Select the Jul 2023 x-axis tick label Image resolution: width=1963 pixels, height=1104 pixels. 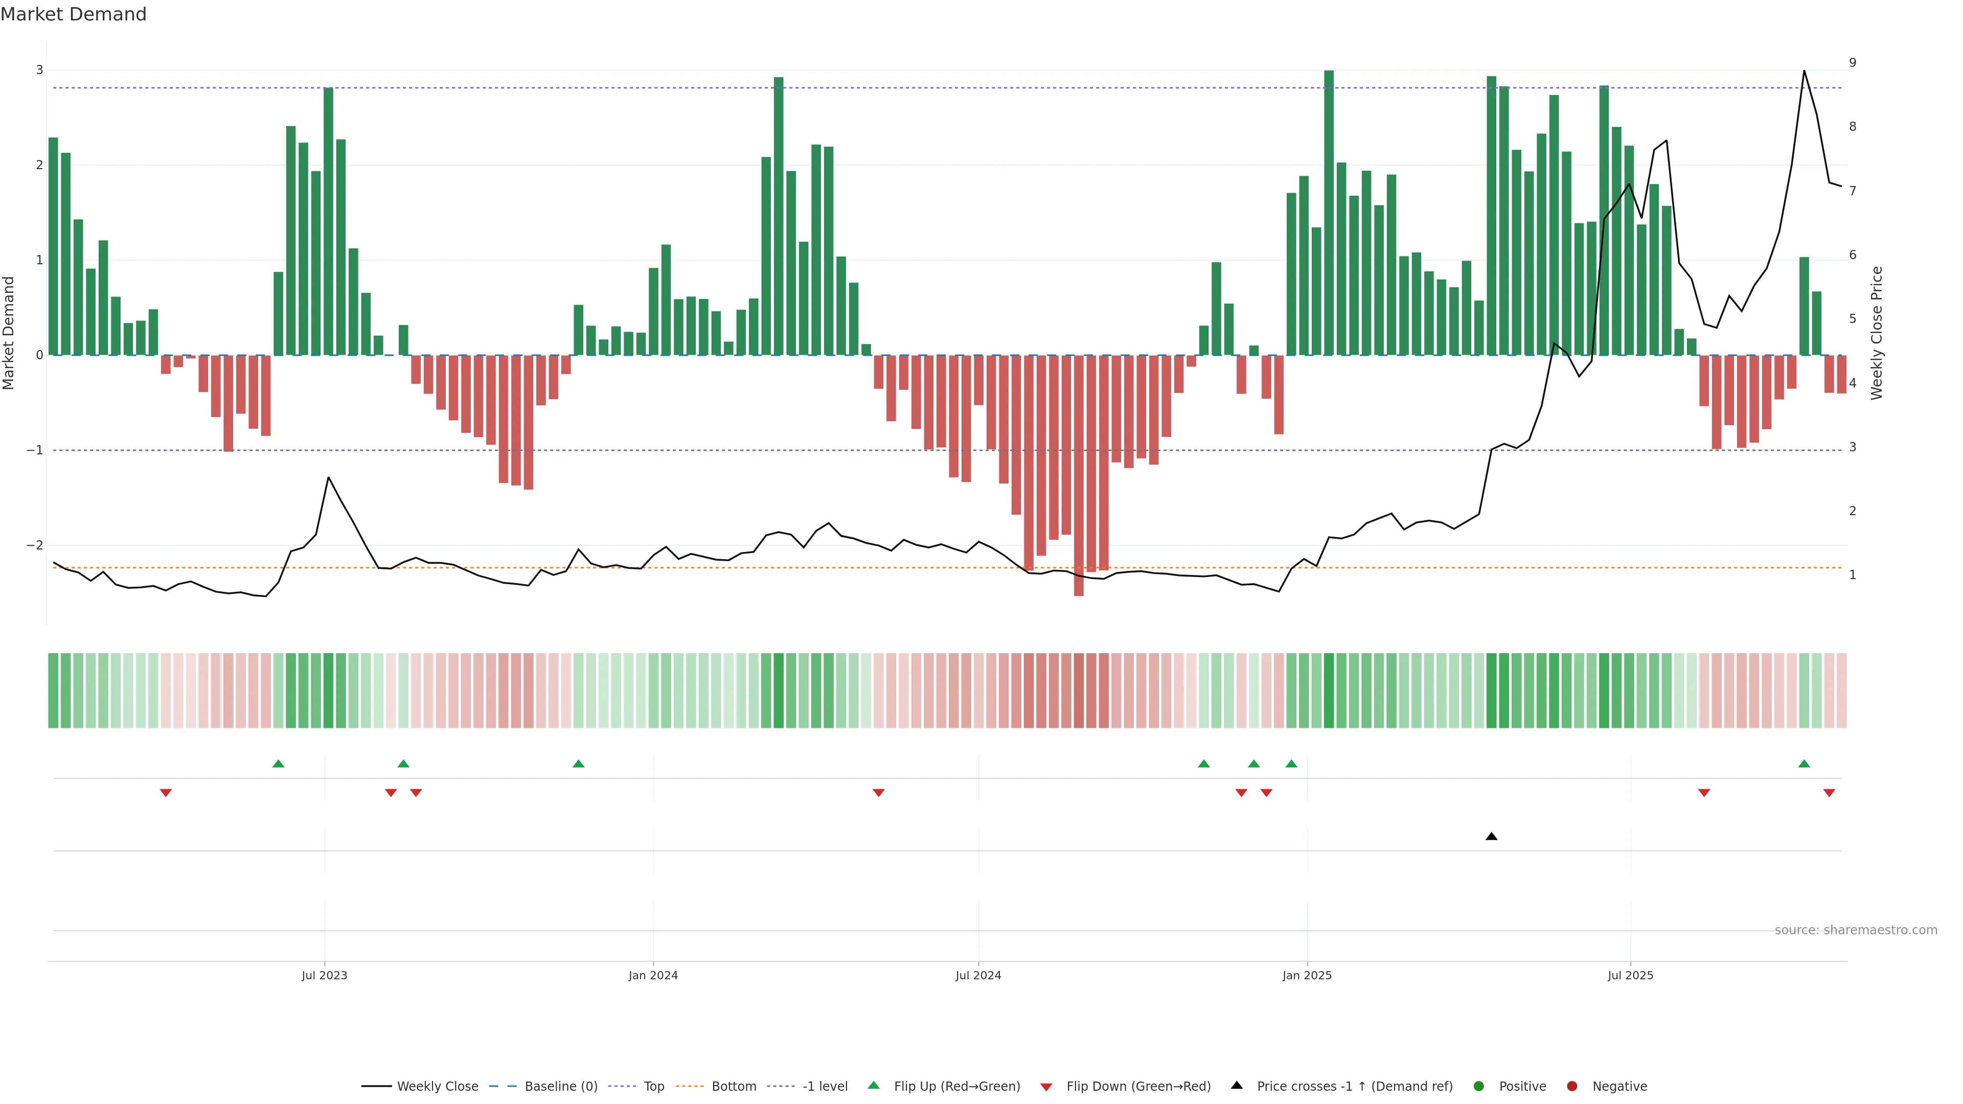[x=324, y=975]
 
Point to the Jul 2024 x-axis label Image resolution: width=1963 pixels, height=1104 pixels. [x=978, y=975]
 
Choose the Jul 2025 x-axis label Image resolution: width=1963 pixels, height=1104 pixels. [x=1630, y=975]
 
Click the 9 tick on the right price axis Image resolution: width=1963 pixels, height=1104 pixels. [x=1853, y=62]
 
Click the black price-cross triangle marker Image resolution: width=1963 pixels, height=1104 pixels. [x=1491, y=837]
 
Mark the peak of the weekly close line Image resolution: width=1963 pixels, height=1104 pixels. [x=1804, y=71]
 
